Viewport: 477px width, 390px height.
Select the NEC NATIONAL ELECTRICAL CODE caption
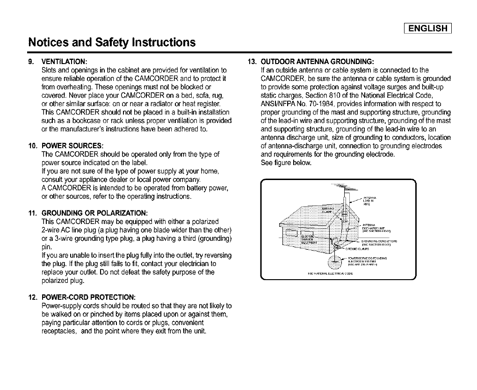[330, 274]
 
